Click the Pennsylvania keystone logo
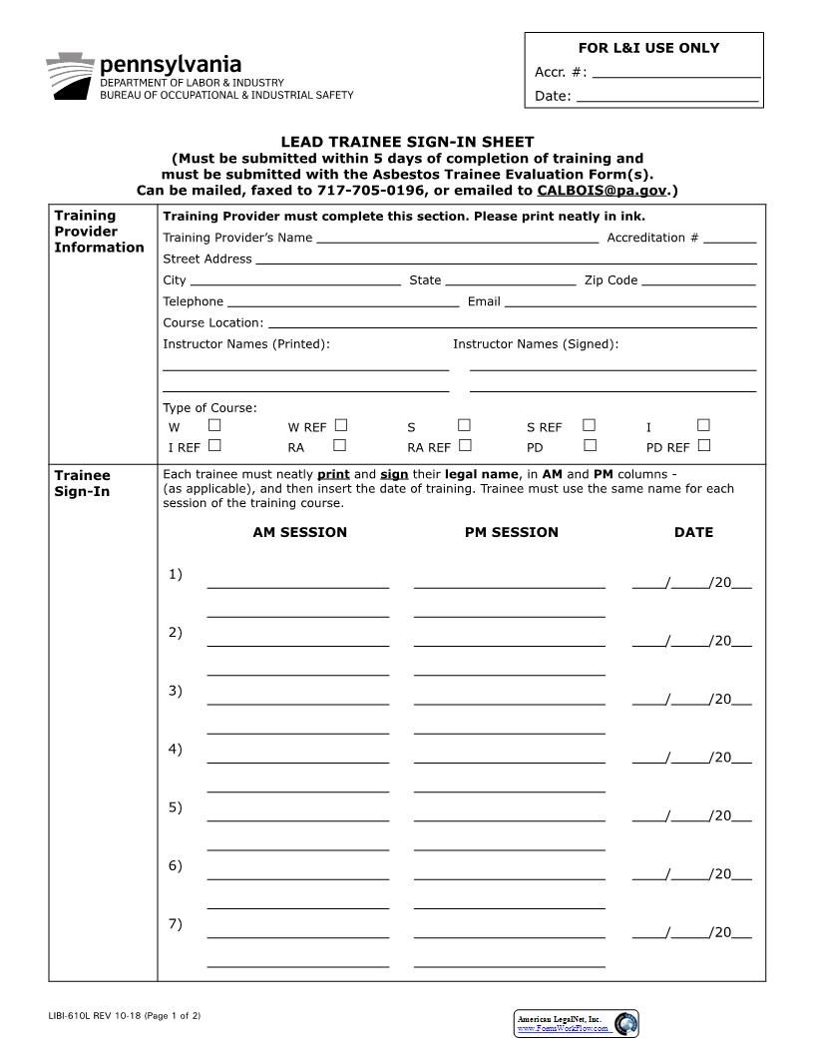[71, 75]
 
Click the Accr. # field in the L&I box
[675, 73]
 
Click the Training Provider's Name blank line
[457, 239]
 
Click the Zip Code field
[698, 281]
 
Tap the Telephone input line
[343, 302]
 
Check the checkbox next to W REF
[341, 425]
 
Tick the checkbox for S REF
[589, 425]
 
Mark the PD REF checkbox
[704, 445]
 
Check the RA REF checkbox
[465, 445]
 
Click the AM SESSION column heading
[299, 532]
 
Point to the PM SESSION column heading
[511, 532]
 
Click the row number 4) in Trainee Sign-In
[175, 749]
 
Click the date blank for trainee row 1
[691, 583]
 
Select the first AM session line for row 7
[297, 934]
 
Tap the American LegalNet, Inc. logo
[576, 1023]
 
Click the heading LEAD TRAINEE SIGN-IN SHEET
[407, 142]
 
